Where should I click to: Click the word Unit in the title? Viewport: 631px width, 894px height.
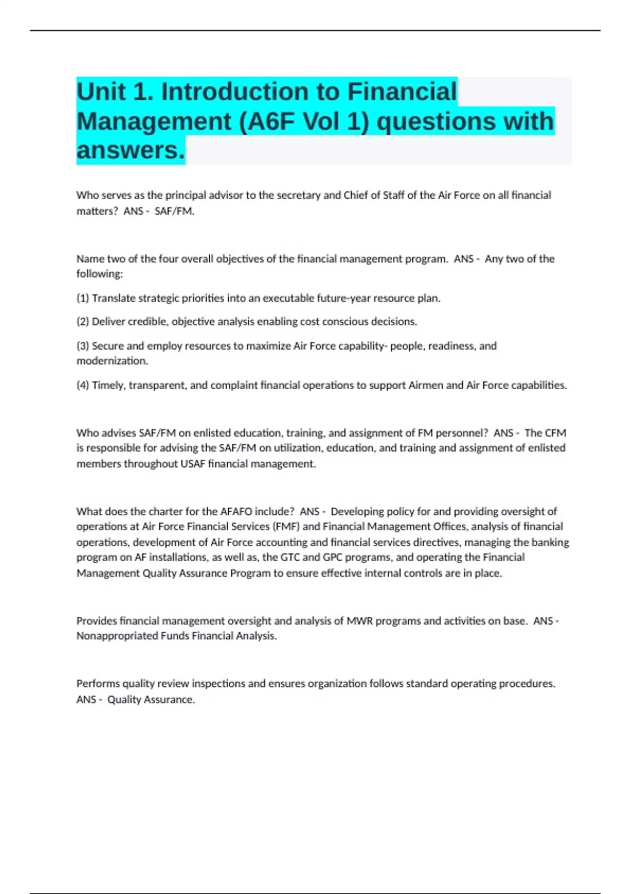coord(101,92)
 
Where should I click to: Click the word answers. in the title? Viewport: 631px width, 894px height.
coord(130,150)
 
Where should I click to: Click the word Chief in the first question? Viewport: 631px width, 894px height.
coord(356,195)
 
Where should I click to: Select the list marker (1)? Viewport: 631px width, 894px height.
coord(83,298)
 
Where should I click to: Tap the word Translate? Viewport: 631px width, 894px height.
coord(114,298)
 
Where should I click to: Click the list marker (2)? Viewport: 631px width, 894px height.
coord(83,321)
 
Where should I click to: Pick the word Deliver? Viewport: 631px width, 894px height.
coord(107,321)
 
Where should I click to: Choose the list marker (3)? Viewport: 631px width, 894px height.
coord(83,346)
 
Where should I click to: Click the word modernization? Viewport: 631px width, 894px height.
coord(112,361)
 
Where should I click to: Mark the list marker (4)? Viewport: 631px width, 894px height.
coord(83,385)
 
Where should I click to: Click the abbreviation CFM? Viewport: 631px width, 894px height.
coord(555,433)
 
